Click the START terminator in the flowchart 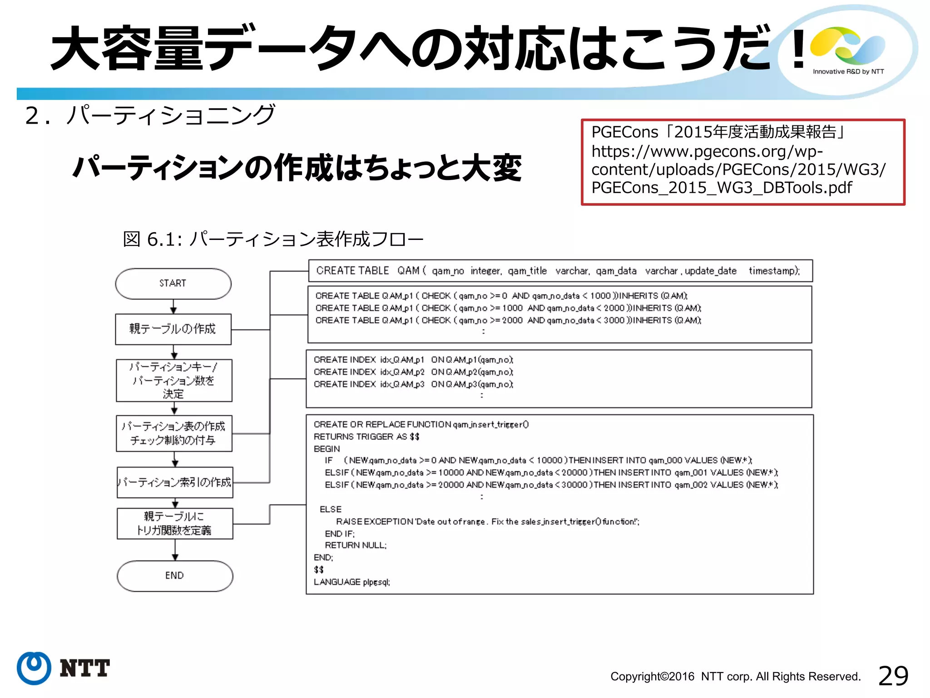pos(173,284)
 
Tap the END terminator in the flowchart pos(175,576)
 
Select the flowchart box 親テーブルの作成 pos(173,329)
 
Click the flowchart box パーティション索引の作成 pos(175,482)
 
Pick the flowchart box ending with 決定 pos(174,380)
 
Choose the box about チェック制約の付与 pos(174,433)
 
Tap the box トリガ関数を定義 pos(175,523)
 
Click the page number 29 pos(893,676)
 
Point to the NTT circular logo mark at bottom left pos(34,668)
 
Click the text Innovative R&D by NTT pos(848,71)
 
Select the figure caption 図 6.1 pos(272,239)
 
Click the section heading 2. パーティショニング pos(150,115)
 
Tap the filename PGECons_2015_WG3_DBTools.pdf pos(722,188)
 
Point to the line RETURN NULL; pos(356,545)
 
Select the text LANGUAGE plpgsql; pos(352,582)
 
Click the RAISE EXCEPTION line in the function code pos(487,522)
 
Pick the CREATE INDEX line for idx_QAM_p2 pos(413,372)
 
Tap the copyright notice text pos(735,677)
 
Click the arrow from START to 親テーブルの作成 pos(173,306)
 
